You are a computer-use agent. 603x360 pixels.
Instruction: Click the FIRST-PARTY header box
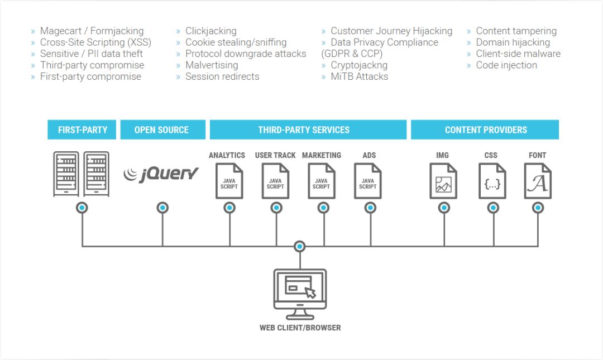pos(82,129)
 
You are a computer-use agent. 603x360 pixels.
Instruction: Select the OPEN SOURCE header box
pos(161,129)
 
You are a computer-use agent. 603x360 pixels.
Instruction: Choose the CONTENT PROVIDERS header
pos(485,129)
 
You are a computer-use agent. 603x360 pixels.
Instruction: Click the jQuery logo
pos(161,174)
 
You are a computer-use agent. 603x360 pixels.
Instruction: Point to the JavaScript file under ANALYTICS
pos(229,181)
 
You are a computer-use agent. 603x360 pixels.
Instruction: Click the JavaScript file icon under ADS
pos(368,181)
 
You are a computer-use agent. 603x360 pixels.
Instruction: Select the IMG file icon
pos(443,181)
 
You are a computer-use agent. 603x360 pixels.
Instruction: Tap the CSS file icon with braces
pos(492,181)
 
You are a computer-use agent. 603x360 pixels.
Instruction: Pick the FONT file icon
pos(538,181)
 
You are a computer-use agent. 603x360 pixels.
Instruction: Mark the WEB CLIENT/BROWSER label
pos(300,328)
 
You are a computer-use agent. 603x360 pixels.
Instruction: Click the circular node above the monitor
pos(300,246)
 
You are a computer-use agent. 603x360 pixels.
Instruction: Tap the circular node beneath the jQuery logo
pos(162,208)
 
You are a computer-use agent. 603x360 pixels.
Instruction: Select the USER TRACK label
pos(275,155)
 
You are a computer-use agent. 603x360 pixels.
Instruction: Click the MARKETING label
pos(322,155)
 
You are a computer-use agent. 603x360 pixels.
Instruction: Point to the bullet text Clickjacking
pos(210,31)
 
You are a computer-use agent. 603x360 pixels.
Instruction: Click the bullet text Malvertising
pos(212,65)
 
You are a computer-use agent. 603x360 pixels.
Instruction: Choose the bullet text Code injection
pos(506,65)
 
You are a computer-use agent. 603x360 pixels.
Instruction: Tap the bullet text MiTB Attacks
pos(359,76)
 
